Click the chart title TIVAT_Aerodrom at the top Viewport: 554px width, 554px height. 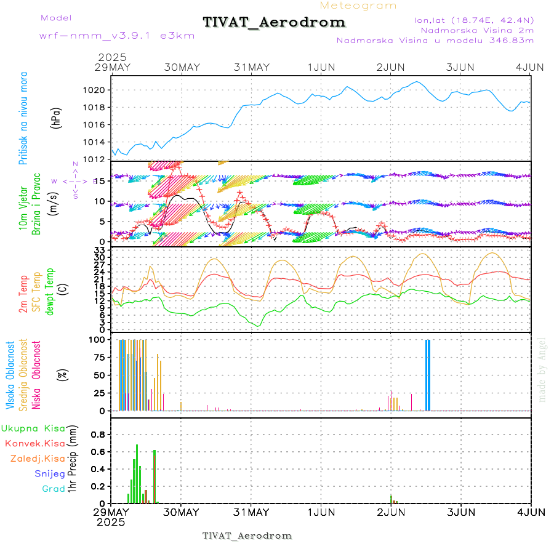click(x=274, y=23)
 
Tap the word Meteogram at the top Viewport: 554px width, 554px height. click(x=358, y=6)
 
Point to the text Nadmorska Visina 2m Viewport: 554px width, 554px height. click(x=477, y=30)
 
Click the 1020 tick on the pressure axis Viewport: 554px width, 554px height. click(x=98, y=90)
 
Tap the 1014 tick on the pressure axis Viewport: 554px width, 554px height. click(x=98, y=142)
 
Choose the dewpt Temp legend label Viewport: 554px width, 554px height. click(x=49, y=290)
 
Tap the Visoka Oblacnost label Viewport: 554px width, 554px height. click(x=10, y=375)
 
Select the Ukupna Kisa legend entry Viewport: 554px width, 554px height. click(x=33, y=428)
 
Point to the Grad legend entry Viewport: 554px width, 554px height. click(x=54, y=489)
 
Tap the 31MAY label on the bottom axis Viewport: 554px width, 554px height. click(x=251, y=512)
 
